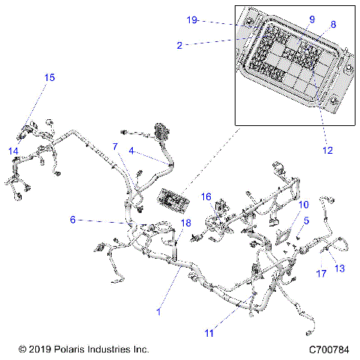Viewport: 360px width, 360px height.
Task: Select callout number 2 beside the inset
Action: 179,45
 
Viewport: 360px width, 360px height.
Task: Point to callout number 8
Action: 333,25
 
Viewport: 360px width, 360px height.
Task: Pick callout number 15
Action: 49,77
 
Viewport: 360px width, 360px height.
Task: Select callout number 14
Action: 13,151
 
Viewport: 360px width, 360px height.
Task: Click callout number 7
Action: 115,145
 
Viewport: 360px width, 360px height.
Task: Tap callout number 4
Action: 131,151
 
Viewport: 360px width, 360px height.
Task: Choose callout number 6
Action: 73,220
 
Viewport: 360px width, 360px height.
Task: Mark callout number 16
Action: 205,196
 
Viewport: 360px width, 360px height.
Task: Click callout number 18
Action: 186,223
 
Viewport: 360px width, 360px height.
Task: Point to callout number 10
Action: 304,205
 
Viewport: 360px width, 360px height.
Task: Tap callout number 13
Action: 339,268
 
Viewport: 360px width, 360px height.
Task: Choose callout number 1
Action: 158,310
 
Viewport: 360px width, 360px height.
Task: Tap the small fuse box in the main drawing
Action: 171,201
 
